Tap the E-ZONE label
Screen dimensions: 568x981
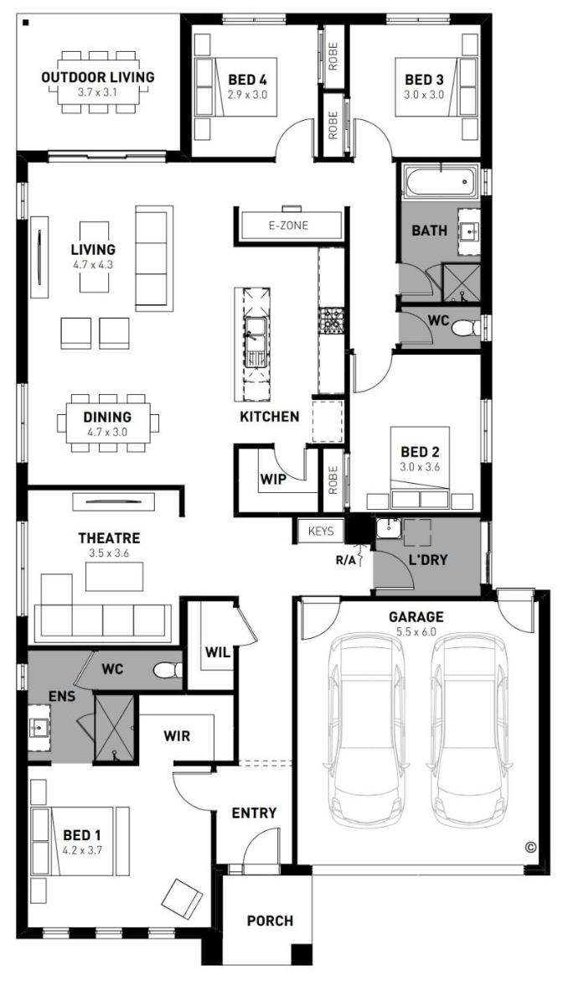pos(288,226)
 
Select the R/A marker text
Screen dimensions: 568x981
pos(345,560)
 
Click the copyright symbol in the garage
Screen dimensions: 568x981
pos(530,847)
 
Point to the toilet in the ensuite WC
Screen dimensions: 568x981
pos(167,671)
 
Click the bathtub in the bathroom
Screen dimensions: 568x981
pos(440,182)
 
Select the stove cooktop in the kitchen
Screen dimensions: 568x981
pos(330,321)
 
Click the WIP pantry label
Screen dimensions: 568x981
pos(273,480)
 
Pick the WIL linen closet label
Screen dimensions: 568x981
pos(218,652)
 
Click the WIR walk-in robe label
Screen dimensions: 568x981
pos(177,736)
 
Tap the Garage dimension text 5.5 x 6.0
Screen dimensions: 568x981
pos(416,632)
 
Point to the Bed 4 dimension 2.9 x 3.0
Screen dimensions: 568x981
pos(247,95)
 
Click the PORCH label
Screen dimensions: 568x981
pos(270,921)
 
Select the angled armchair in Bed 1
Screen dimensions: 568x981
pos(183,899)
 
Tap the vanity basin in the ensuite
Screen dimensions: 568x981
pos(39,727)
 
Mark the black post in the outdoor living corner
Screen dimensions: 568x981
pos(26,23)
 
